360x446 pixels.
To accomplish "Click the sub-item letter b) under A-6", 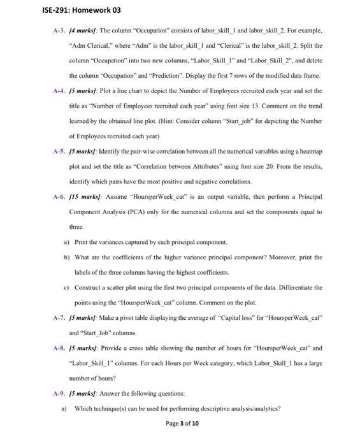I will pos(66,257).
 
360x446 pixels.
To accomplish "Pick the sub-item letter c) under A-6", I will pos(66,288).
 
